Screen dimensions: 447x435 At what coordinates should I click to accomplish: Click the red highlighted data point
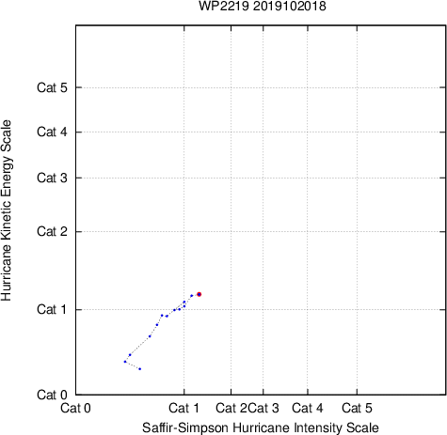pyautogui.click(x=199, y=294)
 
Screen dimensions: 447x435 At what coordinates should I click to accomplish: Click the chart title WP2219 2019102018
pyautogui.click(x=263, y=6)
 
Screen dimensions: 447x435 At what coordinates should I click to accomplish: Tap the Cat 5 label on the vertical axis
pyautogui.click(x=52, y=87)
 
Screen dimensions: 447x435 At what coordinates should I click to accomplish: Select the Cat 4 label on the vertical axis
pyautogui.click(x=52, y=132)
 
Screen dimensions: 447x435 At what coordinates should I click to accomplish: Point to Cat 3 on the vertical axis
pyautogui.click(x=52, y=178)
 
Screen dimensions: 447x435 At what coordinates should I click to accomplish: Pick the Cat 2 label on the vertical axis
pyautogui.click(x=52, y=231)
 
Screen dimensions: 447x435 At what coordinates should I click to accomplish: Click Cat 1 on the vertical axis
pyautogui.click(x=52, y=309)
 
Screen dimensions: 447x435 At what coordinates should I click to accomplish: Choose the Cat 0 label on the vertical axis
pyautogui.click(x=52, y=395)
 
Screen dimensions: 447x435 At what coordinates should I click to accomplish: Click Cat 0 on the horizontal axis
pyautogui.click(x=75, y=408)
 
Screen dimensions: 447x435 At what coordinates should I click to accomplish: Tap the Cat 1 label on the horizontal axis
pyautogui.click(x=184, y=408)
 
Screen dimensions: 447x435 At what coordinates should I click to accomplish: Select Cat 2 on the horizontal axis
pyautogui.click(x=231, y=408)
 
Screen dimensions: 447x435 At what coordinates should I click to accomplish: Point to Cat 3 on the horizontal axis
pyautogui.click(x=263, y=408)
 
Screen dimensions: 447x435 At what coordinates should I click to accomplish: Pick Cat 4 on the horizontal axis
pyautogui.click(x=308, y=408)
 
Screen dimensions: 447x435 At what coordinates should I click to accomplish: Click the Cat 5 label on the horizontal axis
pyautogui.click(x=357, y=408)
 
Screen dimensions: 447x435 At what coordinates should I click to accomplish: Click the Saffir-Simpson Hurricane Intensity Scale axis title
pyautogui.click(x=261, y=427)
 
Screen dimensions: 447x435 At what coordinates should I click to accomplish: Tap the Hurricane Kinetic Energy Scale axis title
pyautogui.click(x=7, y=210)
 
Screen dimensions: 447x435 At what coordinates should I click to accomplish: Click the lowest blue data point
pyautogui.click(x=140, y=369)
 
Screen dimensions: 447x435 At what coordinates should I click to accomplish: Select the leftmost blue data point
pyautogui.click(x=125, y=362)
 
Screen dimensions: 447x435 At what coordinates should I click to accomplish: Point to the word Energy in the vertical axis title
pyautogui.click(x=7, y=172)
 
